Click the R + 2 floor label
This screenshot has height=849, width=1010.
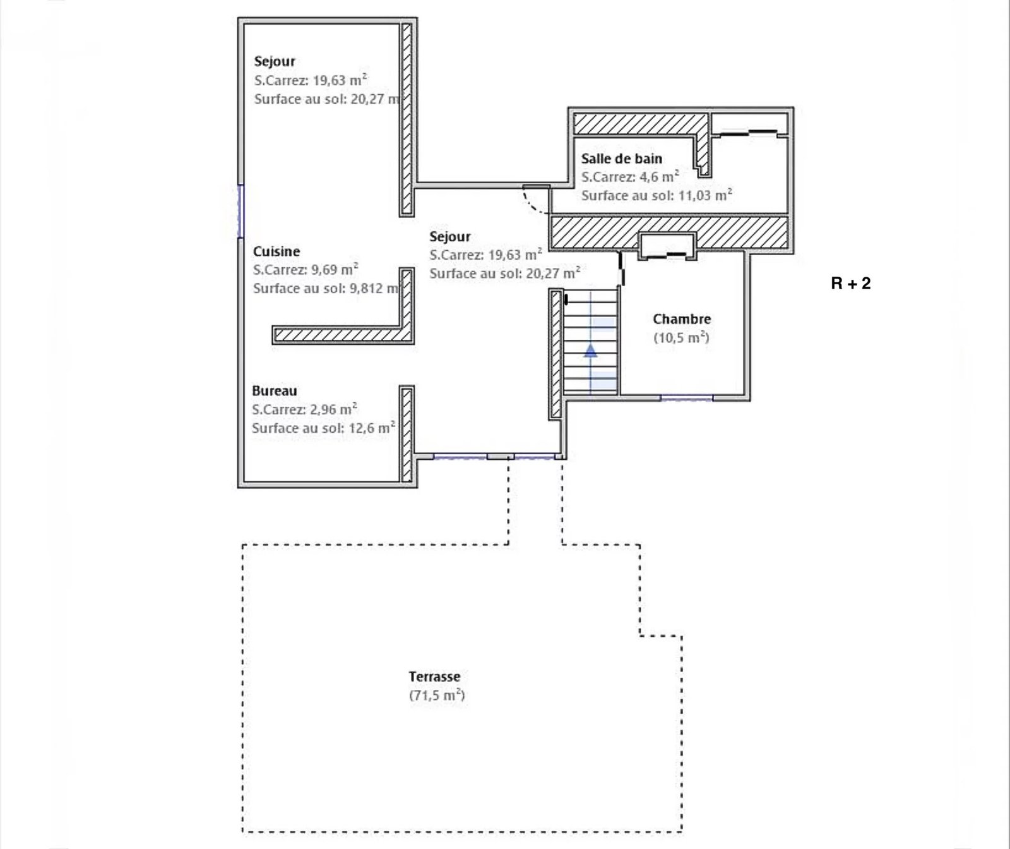pyautogui.click(x=850, y=283)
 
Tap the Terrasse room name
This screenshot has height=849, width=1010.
pyautogui.click(x=434, y=677)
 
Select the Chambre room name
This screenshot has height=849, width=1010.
pyautogui.click(x=682, y=319)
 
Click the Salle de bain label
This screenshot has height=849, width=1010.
pyautogui.click(x=622, y=159)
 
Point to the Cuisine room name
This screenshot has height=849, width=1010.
pyautogui.click(x=276, y=251)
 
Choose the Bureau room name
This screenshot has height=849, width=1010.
pyautogui.click(x=275, y=391)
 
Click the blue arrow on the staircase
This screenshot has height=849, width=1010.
pyautogui.click(x=590, y=351)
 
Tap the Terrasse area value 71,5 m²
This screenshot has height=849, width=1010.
pyautogui.click(x=437, y=695)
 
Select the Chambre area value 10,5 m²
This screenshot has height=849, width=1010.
pyautogui.click(x=682, y=337)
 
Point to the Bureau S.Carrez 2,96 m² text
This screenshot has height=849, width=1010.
pyautogui.click(x=305, y=409)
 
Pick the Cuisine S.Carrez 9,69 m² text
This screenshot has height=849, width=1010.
pyautogui.click(x=306, y=270)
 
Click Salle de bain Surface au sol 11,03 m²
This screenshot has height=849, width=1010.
pyautogui.click(x=656, y=195)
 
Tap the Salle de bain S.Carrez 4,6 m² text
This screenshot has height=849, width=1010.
pyautogui.click(x=630, y=177)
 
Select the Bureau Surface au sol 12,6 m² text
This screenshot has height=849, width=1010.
pyautogui.click(x=324, y=428)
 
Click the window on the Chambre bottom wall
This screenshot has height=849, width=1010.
pyautogui.click(x=687, y=397)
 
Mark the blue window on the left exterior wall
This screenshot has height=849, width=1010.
pyautogui.click(x=240, y=211)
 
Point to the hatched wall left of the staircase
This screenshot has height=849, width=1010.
pyautogui.click(x=556, y=354)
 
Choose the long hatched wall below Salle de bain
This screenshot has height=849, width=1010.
pyautogui.click(x=670, y=232)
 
